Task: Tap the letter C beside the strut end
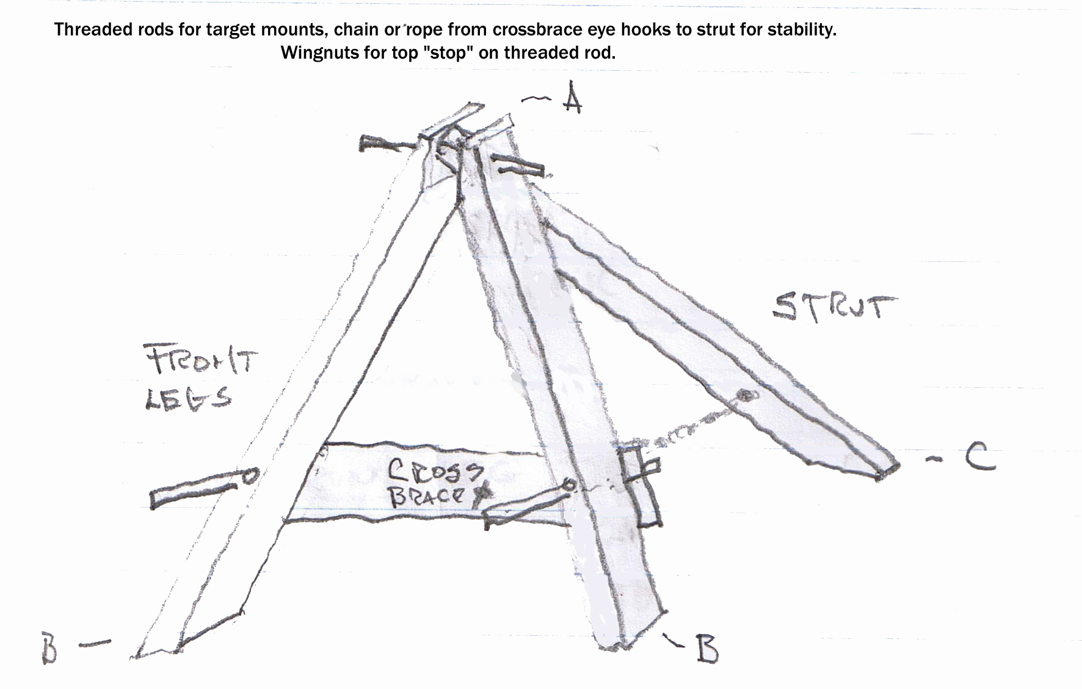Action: [x=980, y=459]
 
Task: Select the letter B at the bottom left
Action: [x=50, y=649]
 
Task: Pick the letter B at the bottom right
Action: [x=706, y=650]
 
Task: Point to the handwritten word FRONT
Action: [x=201, y=360]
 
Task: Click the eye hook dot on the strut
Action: [x=744, y=396]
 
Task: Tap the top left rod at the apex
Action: [x=387, y=145]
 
